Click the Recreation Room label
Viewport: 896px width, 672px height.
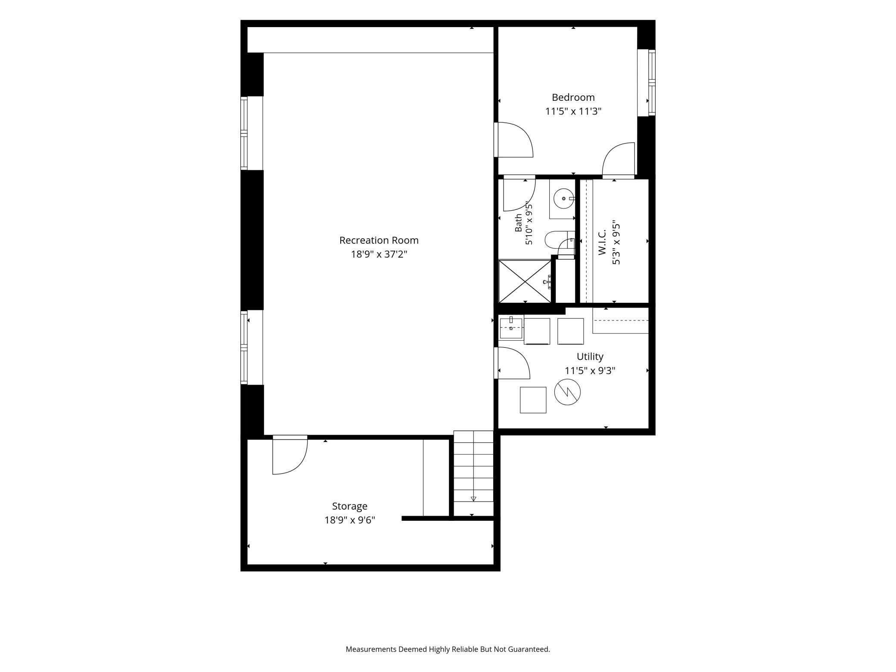pos(379,240)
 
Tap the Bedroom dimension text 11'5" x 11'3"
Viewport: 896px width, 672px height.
pos(573,112)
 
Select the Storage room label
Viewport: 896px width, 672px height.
pos(349,507)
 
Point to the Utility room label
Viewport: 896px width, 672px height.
pos(590,357)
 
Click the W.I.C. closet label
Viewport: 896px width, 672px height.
pos(602,242)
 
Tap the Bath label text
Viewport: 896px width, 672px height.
pos(519,223)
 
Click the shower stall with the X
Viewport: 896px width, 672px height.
pos(525,281)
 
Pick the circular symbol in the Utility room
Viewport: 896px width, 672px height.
pos(567,392)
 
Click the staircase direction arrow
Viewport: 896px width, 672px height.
pos(473,499)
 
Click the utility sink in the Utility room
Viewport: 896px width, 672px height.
pos(511,328)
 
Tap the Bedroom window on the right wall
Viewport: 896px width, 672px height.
pos(652,83)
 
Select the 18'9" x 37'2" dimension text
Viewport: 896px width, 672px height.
pos(379,255)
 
